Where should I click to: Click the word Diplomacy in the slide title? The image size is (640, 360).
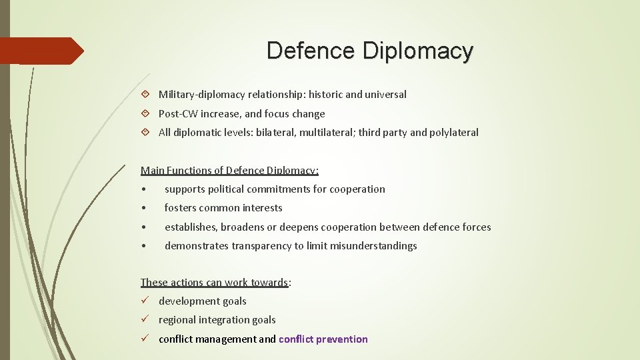[x=417, y=51]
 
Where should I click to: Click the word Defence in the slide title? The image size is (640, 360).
[x=311, y=51]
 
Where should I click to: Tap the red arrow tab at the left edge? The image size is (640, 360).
[x=41, y=51]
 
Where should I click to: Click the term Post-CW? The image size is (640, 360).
[x=178, y=114]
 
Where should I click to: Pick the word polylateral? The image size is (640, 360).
[x=454, y=133]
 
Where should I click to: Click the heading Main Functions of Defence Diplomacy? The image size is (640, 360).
[x=229, y=170]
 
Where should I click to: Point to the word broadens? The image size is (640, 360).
[x=247, y=227]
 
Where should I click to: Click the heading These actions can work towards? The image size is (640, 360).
[x=215, y=283]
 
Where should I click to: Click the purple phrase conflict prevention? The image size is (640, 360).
[x=323, y=339]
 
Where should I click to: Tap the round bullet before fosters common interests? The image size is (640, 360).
[x=144, y=208]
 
